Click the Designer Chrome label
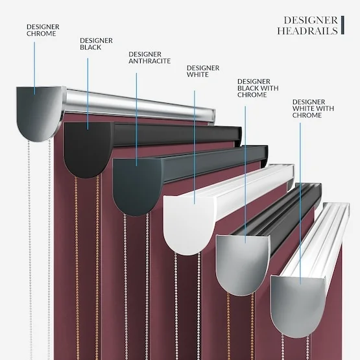(x=43, y=30)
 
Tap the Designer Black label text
(x=96, y=44)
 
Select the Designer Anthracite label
(x=149, y=58)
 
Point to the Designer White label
(x=203, y=71)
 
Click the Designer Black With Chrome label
(x=258, y=88)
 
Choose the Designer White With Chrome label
(x=313, y=108)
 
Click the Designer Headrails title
(x=307, y=25)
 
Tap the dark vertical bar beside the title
(x=342, y=25)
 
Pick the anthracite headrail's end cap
(x=138, y=186)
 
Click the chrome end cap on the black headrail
(x=243, y=265)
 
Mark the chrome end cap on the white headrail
(x=298, y=306)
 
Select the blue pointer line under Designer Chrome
(x=34, y=68)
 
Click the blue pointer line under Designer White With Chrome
(x=300, y=204)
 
